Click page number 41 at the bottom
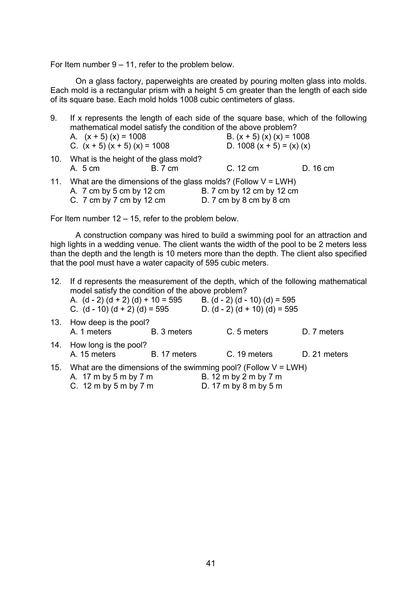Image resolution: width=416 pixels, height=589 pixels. [210, 563]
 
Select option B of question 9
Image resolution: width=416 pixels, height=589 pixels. [268, 136]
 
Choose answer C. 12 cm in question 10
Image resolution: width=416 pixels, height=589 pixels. [243, 168]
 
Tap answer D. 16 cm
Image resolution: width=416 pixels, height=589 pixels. [318, 168]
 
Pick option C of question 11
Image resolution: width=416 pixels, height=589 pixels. [118, 200]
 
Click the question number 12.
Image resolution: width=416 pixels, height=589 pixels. [56, 281]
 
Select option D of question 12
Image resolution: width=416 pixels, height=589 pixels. [249, 309]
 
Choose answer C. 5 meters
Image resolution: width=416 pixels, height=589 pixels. [247, 332]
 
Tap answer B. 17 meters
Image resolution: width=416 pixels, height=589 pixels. [173, 354]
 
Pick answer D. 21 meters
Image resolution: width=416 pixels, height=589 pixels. [325, 354]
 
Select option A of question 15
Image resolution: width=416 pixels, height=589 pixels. [112, 377]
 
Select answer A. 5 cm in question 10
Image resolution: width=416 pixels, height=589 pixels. [85, 168]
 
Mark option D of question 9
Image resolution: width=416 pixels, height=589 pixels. [268, 146]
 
